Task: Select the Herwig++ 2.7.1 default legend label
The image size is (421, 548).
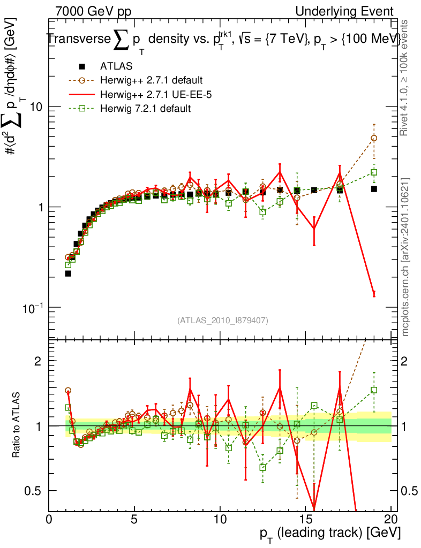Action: [x=151, y=81]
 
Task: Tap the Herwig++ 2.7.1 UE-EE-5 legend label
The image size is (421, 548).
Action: [x=151, y=95]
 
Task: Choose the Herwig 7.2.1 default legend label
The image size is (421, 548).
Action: [x=145, y=109]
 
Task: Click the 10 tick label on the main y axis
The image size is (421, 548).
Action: [x=35, y=106]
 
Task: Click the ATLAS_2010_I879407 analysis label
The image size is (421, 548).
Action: [x=223, y=321]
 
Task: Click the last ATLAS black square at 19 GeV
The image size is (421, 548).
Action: [x=374, y=189]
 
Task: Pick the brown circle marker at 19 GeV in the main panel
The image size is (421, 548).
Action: [x=374, y=138]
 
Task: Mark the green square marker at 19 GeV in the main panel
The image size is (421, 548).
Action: [x=374, y=172]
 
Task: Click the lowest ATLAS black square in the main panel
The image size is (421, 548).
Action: [x=68, y=273]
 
